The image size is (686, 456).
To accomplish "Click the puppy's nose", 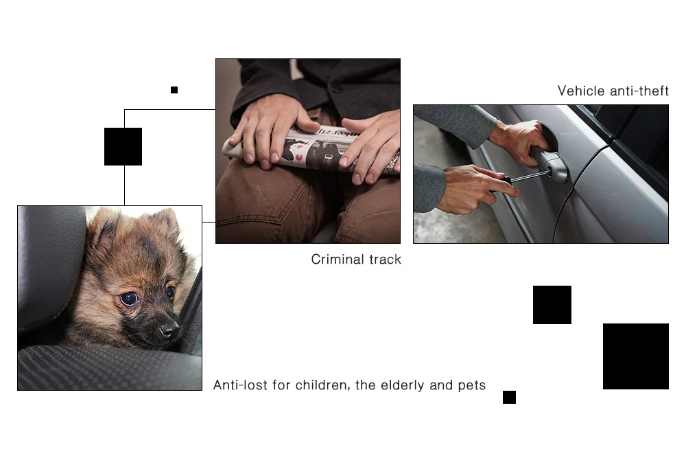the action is [170, 328].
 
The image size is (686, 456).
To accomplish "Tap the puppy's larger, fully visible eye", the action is [129, 298].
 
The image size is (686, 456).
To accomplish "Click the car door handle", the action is [550, 163].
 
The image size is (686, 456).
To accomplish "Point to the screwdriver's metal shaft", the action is [531, 176].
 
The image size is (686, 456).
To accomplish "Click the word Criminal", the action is [338, 260].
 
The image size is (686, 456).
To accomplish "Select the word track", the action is [385, 260].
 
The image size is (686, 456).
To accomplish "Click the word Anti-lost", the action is [240, 385].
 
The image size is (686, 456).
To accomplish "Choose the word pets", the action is [472, 386].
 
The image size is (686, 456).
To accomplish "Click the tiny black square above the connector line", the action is [174, 90].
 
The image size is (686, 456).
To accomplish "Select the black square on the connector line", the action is [123, 146].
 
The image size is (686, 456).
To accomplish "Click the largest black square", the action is [636, 356].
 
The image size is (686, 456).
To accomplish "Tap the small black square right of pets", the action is [509, 398].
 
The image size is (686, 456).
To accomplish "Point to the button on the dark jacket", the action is [336, 89].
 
